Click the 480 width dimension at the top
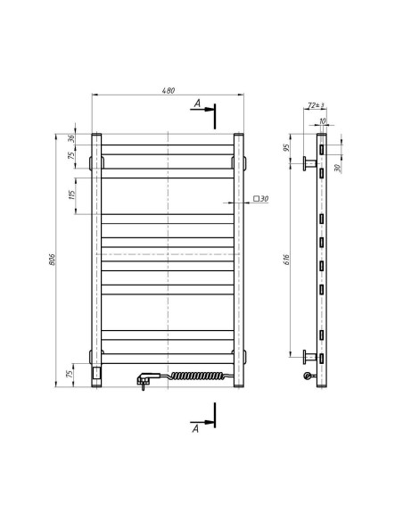pos(168,90)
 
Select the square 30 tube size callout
pos(261,199)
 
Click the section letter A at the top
pos(197,103)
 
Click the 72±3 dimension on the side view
pos(315,106)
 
